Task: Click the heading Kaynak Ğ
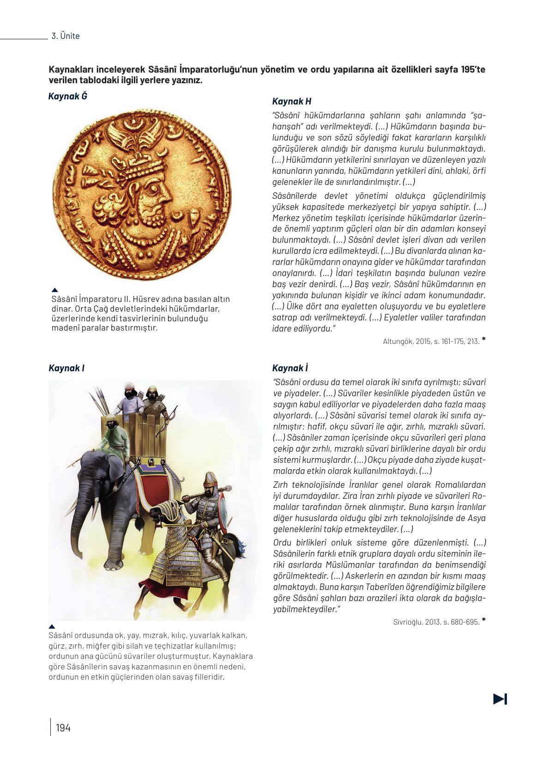tap(67, 96)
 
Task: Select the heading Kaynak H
tap(291, 101)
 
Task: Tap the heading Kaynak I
tap(66, 368)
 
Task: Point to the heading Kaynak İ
tap(290, 368)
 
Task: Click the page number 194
tap(63, 728)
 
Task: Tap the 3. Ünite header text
tap(66, 36)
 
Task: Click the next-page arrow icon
tap(500, 699)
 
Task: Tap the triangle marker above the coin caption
tap(55, 290)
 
